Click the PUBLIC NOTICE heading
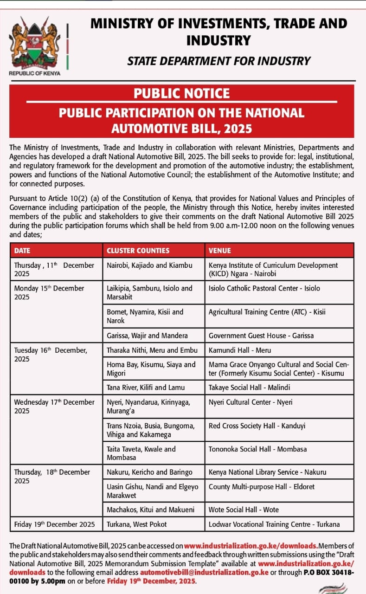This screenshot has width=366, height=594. (182, 93)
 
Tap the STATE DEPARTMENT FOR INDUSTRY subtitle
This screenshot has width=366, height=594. (219, 61)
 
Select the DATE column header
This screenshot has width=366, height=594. (22, 251)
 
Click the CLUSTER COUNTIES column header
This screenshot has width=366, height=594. (138, 251)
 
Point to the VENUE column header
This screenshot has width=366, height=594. (220, 251)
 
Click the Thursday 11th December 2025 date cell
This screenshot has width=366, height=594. (54, 269)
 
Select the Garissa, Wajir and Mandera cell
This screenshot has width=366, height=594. (147, 336)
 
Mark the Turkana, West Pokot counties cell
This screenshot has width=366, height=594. (137, 524)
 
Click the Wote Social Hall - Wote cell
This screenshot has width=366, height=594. (244, 510)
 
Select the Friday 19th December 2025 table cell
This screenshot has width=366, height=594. (54, 524)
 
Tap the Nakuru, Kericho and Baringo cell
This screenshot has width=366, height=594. (149, 472)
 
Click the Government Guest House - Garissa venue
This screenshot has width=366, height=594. (255, 336)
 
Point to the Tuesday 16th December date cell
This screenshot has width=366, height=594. (51, 355)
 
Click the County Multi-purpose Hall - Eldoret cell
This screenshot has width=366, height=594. (262, 487)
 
